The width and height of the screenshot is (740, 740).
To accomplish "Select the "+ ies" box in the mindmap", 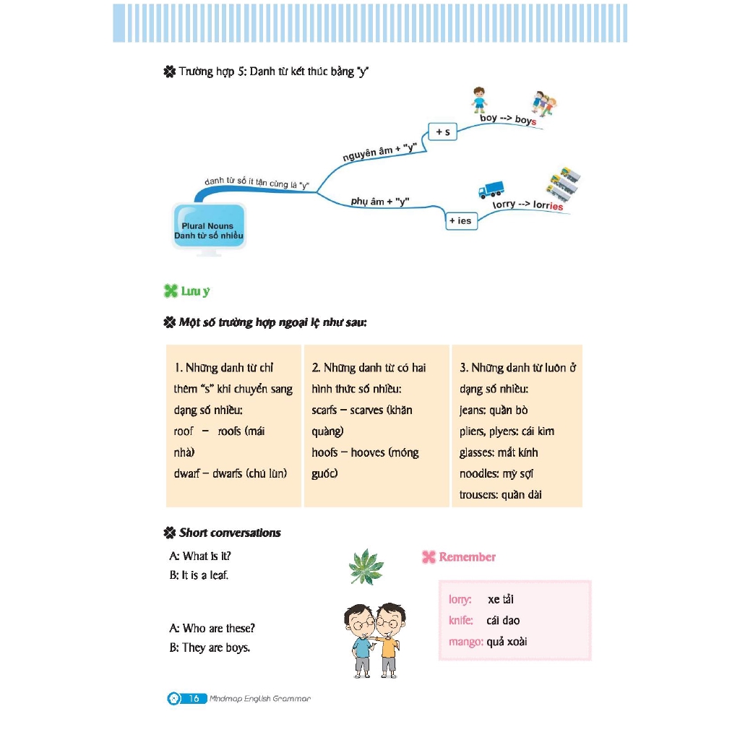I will [x=460, y=220].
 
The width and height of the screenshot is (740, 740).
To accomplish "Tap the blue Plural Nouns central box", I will [x=208, y=229].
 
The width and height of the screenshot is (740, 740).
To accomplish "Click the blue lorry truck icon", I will [x=491, y=189].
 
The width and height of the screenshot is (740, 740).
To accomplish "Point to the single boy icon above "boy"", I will [x=479, y=100].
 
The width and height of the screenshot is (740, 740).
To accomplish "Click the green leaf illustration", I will [x=366, y=567].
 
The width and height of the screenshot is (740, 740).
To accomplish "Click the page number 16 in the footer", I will [x=194, y=699].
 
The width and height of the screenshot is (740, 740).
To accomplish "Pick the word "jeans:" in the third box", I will [x=473, y=410].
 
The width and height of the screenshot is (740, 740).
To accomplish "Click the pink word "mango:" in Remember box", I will [x=465, y=641].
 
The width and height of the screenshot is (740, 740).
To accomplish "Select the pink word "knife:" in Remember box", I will [x=461, y=620].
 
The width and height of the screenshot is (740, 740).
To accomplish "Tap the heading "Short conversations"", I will [x=230, y=533].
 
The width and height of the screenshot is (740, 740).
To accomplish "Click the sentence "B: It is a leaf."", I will [x=199, y=576].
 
